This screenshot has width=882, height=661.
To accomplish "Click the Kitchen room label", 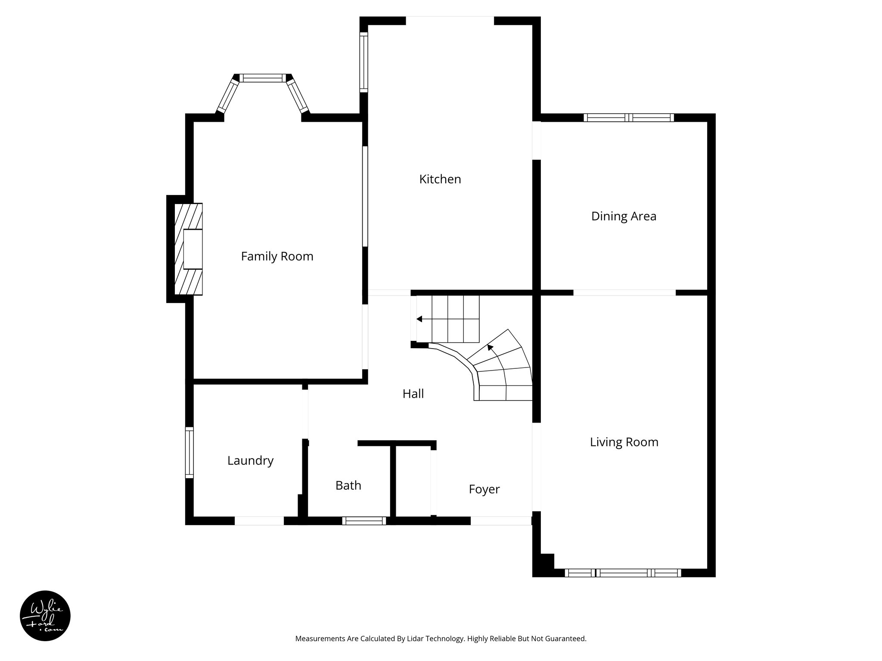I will coord(440,179).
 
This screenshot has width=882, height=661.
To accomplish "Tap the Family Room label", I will coord(277,256).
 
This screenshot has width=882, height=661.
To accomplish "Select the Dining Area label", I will coord(623,216).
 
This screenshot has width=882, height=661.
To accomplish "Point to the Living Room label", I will coord(624,442).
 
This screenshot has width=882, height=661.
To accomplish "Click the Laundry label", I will coord(250,460).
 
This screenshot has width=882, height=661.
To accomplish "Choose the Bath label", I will coord(348,485).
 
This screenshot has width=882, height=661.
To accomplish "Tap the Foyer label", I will coord(484,489).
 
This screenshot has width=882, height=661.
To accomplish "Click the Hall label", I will coord(413,394).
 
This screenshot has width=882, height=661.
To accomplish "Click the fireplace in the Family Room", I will coord(189,249).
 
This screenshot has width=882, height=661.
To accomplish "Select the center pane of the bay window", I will coord(263,78).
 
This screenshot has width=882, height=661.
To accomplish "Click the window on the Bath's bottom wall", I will coord(364,521).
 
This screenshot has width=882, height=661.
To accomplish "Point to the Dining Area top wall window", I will coord(629,117).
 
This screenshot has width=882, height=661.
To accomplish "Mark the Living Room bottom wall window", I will coord(623,573).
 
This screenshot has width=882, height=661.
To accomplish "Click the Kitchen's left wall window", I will coord(364,62).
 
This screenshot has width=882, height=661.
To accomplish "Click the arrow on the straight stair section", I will coord(419,319).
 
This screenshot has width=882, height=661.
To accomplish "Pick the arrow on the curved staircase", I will coord(490,347).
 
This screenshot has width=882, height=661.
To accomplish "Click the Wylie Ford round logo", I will coord(45,616).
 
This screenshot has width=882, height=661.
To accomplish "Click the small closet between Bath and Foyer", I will coord(413,481).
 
